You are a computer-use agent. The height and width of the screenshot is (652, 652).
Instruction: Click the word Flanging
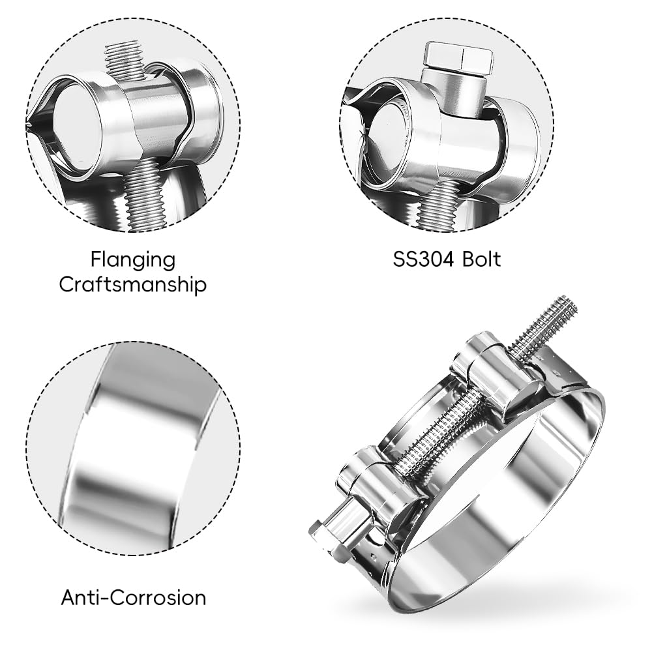click(x=133, y=261)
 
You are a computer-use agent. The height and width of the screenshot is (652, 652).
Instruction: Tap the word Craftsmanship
click(x=133, y=286)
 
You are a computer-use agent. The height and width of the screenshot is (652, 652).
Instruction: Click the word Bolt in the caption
click(x=482, y=259)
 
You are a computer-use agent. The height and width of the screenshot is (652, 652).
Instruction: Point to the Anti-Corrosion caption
click(x=134, y=598)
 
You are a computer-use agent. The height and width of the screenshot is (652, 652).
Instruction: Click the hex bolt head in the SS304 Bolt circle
click(x=459, y=57)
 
